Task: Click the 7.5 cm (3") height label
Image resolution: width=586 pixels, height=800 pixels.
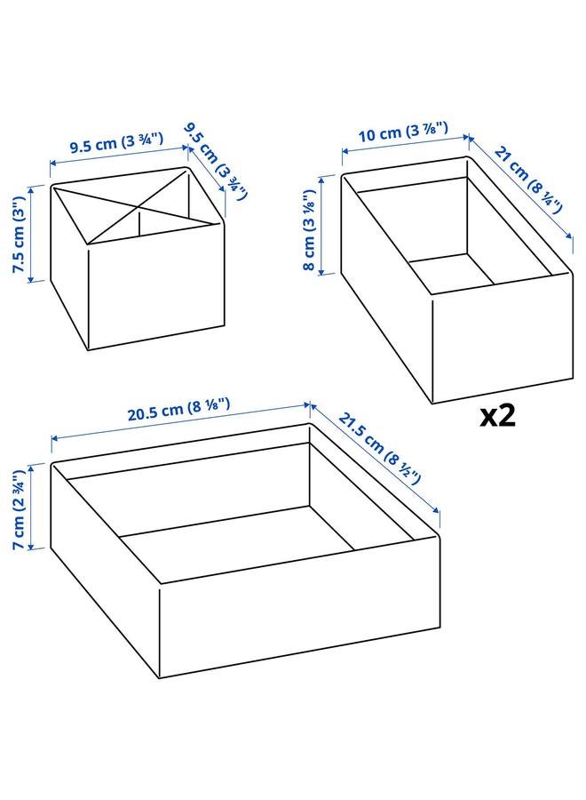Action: (x=18, y=234)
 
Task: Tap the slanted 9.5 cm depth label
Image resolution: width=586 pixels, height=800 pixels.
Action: (x=217, y=160)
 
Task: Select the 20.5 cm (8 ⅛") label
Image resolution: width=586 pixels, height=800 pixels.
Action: (x=178, y=411)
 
